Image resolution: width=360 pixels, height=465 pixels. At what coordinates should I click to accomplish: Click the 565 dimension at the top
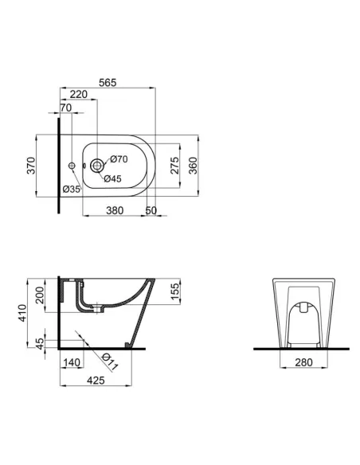(108, 80)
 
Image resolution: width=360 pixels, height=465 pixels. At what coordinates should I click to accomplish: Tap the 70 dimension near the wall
(65, 107)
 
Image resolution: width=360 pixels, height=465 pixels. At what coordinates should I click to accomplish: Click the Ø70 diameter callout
(119, 159)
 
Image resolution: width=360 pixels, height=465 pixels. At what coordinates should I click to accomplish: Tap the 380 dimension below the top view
(115, 210)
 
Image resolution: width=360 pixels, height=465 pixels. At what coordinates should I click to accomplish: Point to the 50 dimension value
(151, 210)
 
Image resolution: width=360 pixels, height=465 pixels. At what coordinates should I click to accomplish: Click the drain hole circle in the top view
(97, 166)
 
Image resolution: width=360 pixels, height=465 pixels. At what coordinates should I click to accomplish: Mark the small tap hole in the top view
(72, 166)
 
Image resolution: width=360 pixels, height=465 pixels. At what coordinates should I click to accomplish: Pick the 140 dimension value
(72, 362)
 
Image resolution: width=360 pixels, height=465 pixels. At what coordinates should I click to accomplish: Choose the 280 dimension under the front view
(300, 362)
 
